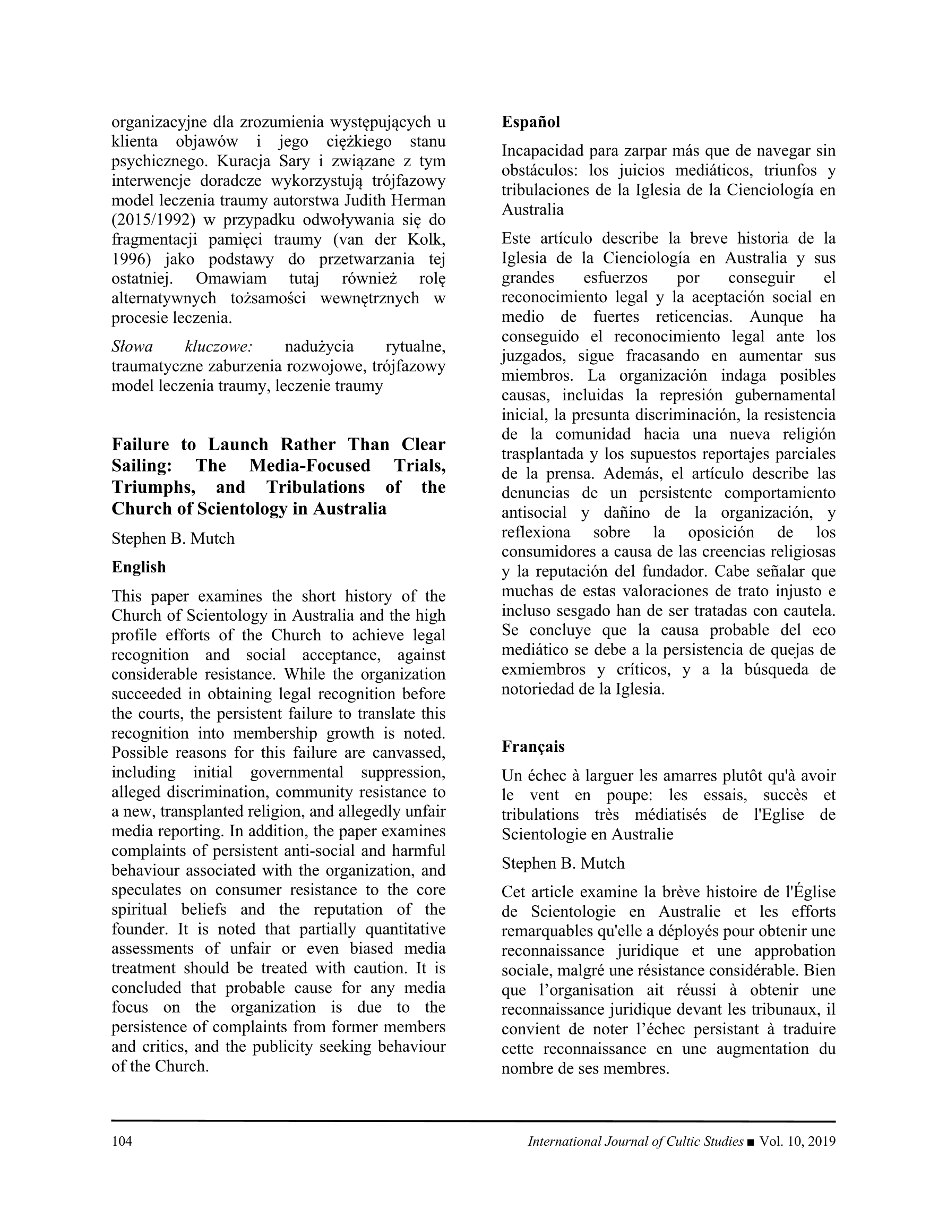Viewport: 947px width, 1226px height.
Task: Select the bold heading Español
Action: click(x=530, y=122)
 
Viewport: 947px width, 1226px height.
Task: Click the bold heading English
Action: click(x=139, y=567)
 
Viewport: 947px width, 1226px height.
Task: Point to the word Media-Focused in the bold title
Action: click(x=310, y=465)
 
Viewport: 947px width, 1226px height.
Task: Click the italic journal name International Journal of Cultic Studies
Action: click(x=635, y=1141)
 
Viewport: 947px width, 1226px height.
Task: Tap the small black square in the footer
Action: click(x=751, y=1142)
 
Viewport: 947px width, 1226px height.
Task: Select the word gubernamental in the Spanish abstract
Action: click(x=785, y=395)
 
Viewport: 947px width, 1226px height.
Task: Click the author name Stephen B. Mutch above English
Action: click(x=173, y=538)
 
